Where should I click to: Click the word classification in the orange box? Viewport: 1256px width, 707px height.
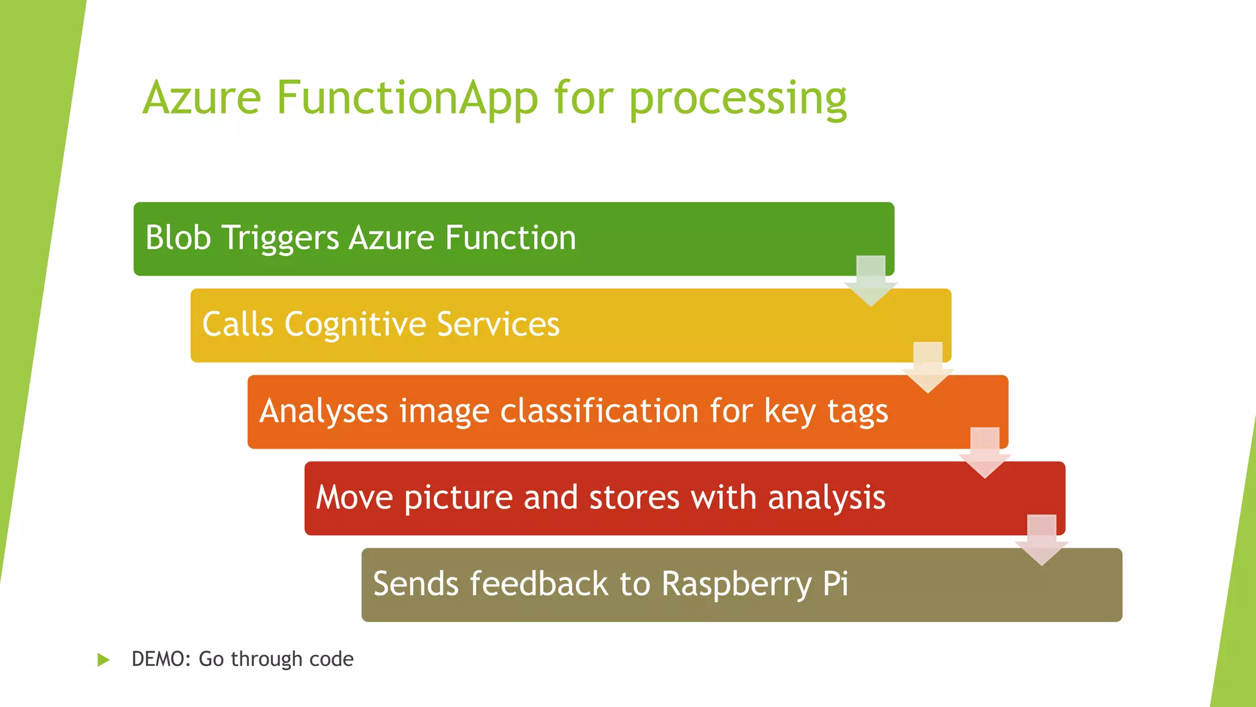pos(599,411)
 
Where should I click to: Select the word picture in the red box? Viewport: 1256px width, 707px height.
pos(458,498)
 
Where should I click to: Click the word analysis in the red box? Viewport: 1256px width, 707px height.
pos(827,498)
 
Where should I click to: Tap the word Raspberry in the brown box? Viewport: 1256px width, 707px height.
pos(737,584)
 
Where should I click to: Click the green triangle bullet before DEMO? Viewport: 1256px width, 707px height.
pos(103,660)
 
